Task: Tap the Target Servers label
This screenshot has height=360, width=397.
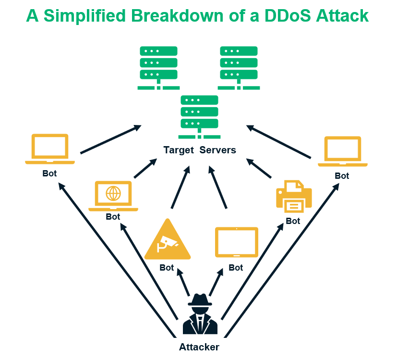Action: pyautogui.click(x=200, y=150)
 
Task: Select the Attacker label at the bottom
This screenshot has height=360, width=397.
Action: pyautogui.click(x=199, y=347)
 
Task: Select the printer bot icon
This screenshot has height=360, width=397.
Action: pyautogui.click(x=293, y=196)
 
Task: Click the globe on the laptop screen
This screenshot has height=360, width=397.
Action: pyautogui.click(x=113, y=193)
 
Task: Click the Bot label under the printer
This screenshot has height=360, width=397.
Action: pyautogui.click(x=293, y=221)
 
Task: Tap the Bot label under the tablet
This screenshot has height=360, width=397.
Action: pyautogui.click(x=236, y=268)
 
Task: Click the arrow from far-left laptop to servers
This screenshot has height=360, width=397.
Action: pyautogui.click(x=110, y=140)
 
